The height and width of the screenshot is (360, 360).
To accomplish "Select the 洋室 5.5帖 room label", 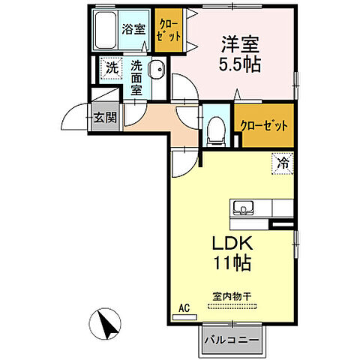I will click(239, 54).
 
